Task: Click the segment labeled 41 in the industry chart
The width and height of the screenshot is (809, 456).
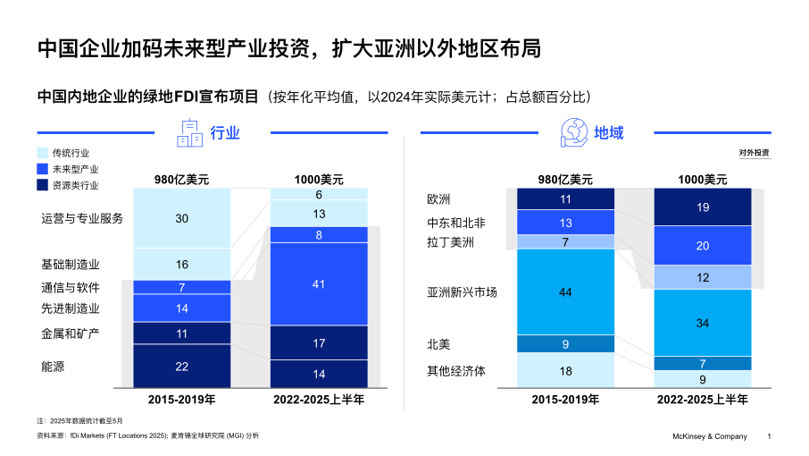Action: coord(319,283)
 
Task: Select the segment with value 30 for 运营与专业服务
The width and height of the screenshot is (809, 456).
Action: coord(181,218)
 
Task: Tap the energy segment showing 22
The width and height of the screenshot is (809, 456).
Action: coord(181,367)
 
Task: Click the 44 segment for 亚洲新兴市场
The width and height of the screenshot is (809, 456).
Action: coord(565,291)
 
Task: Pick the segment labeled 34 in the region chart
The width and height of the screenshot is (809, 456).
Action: coord(702,322)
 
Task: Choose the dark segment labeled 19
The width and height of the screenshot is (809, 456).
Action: coord(702,207)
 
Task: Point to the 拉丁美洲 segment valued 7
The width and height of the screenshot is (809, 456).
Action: coord(565,241)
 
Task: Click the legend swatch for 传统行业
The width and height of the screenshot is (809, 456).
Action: coord(43,153)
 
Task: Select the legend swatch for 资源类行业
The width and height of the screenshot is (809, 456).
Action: coord(43,185)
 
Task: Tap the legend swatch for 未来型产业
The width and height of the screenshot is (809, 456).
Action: coord(43,169)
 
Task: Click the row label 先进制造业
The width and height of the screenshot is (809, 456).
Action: coord(71,308)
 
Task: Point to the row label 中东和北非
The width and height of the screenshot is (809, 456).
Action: coord(457,222)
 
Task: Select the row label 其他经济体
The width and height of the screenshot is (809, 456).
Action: coord(457,370)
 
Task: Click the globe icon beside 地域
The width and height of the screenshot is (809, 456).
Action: coord(572,132)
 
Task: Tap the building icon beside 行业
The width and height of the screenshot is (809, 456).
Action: coord(190,133)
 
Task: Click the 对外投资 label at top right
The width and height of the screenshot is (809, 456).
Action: coord(754,153)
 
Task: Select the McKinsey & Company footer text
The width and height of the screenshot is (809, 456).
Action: coord(709,436)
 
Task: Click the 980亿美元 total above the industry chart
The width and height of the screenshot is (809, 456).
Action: coord(181,179)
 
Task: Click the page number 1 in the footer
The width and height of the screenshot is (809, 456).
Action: coord(770,436)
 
